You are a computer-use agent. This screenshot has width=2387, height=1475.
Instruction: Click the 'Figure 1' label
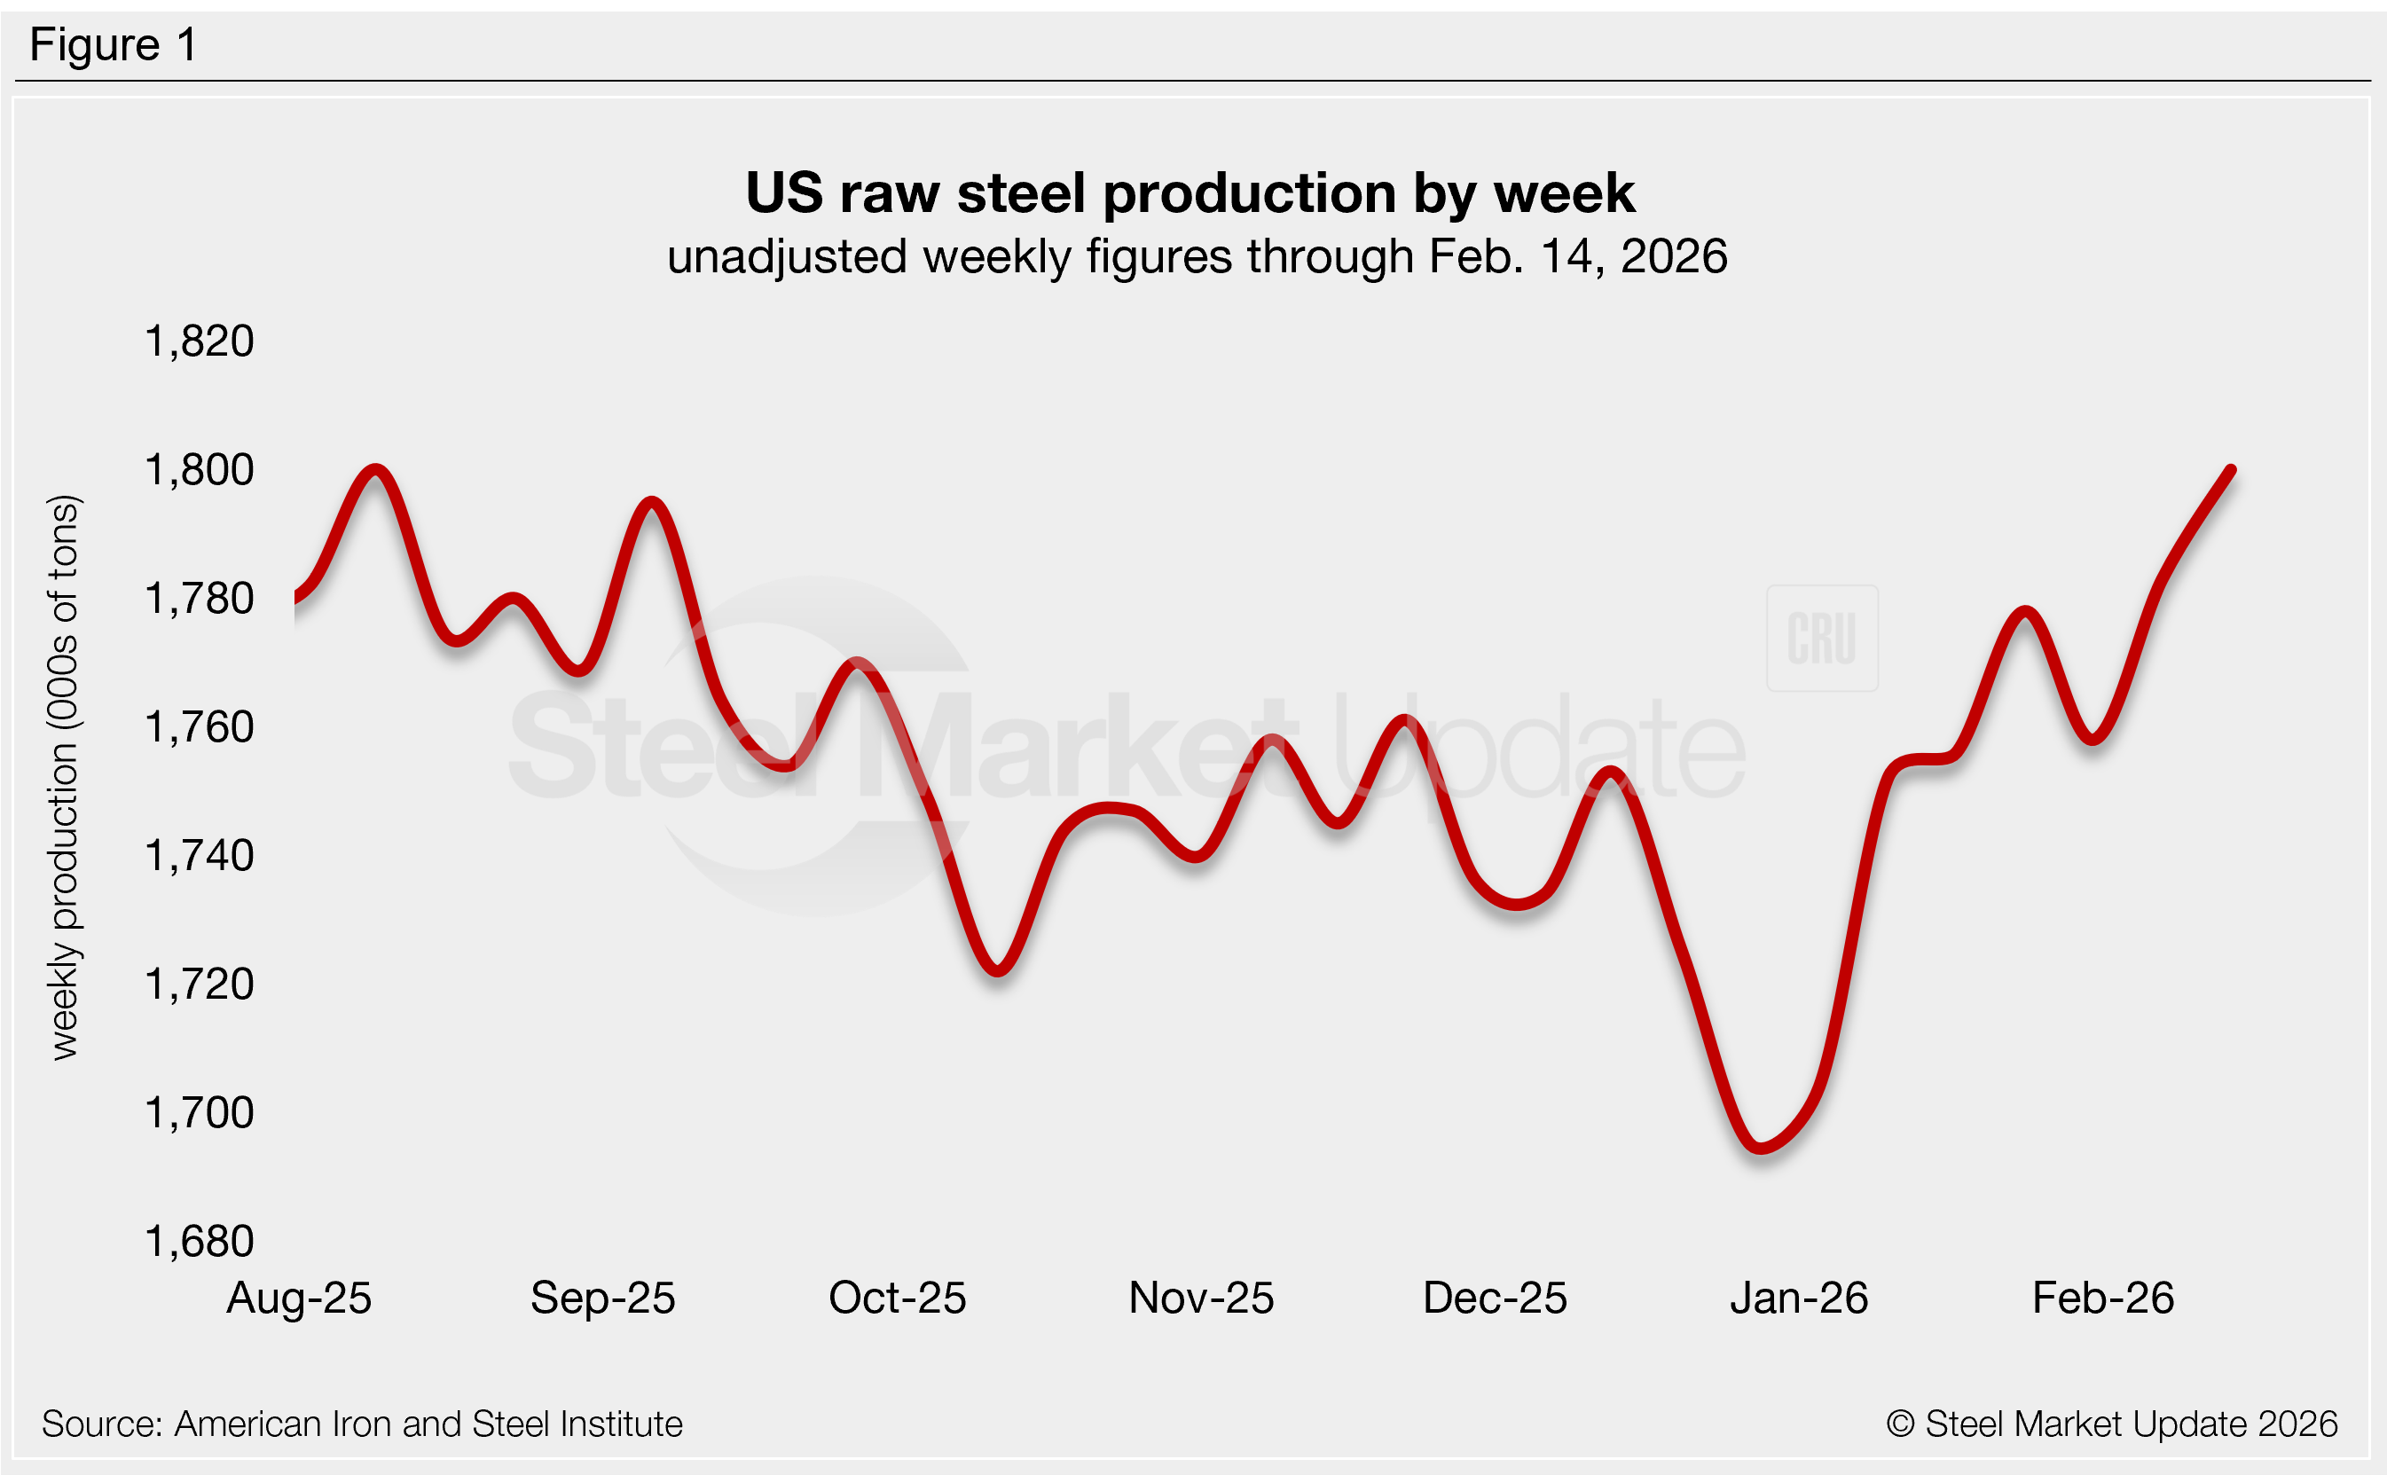coord(114,45)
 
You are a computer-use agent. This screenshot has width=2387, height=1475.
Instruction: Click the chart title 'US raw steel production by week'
coord(1190,193)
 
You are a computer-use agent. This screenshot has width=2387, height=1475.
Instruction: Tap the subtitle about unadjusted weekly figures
coord(1197,256)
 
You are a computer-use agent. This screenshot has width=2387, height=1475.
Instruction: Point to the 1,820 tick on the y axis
coord(199,341)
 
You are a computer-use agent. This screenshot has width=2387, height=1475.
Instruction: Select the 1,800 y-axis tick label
coord(199,470)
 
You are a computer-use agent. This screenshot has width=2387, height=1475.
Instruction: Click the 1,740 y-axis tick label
coord(199,856)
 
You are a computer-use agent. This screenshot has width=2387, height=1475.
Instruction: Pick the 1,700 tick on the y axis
coord(199,1113)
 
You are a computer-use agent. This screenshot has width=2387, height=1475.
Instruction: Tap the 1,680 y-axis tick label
coord(199,1242)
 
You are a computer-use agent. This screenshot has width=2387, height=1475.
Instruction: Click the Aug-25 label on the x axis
coord(299,1298)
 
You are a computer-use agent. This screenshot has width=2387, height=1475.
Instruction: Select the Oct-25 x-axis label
coord(897,1298)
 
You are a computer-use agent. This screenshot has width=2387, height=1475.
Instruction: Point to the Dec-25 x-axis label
coord(1495,1298)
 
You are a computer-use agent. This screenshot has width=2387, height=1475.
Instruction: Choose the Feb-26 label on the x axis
coord(2102,1298)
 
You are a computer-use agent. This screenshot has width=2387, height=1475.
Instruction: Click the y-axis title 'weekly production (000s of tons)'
coord(65,778)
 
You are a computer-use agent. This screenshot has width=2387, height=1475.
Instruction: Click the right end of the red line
coord(2232,470)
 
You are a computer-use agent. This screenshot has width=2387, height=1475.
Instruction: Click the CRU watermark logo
coord(1821,638)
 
